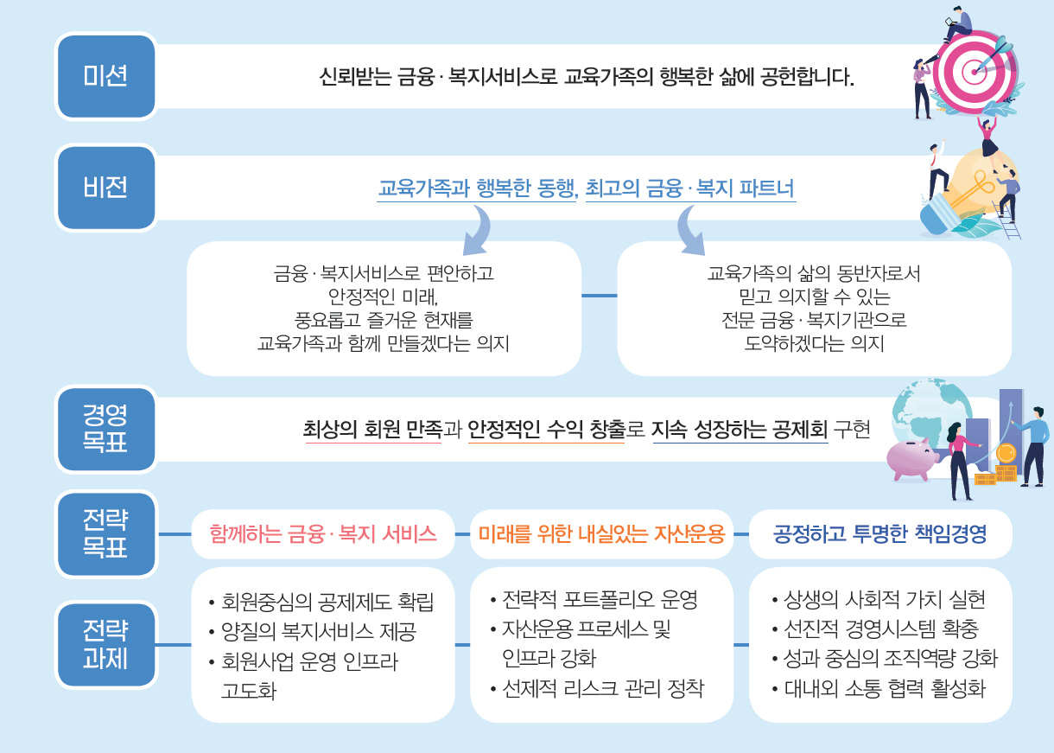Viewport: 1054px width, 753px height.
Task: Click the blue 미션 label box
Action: (106, 76)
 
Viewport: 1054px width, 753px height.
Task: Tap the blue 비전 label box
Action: (106, 188)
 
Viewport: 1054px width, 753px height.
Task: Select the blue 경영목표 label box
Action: (106, 429)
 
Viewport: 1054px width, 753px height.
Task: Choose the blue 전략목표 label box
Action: (106, 534)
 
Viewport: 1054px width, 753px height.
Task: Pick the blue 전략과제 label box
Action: (106, 645)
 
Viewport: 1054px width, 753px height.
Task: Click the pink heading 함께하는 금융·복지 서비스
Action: (323, 534)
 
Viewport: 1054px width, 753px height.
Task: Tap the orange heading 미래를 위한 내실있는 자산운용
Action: (602, 534)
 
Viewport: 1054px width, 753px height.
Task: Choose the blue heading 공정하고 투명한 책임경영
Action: (880, 533)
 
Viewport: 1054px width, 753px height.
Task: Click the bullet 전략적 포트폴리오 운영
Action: (594, 599)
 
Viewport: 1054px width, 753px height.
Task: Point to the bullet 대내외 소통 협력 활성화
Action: (879, 688)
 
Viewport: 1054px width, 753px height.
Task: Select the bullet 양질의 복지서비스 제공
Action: (313, 631)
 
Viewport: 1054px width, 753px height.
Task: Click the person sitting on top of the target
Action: (957, 23)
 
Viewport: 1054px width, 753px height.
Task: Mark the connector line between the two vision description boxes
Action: (599, 296)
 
